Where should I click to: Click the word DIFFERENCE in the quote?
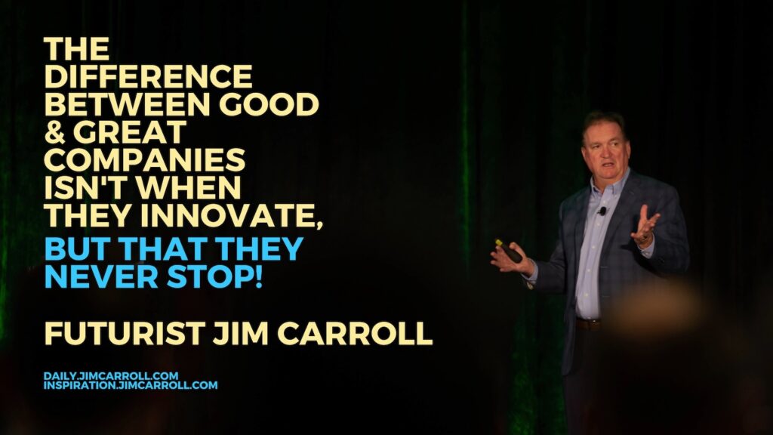click(x=149, y=76)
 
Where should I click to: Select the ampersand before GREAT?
click(x=54, y=132)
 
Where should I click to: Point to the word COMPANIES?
click(x=145, y=160)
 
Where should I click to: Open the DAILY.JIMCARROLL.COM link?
click(x=111, y=376)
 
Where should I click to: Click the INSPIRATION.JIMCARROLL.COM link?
click(x=131, y=385)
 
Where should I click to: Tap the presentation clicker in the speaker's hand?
click(x=509, y=251)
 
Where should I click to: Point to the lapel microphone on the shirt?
click(x=602, y=211)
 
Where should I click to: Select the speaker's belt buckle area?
click(x=587, y=325)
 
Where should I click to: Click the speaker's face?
click(x=605, y=153)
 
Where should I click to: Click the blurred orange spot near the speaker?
click(x=656, y=305)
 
